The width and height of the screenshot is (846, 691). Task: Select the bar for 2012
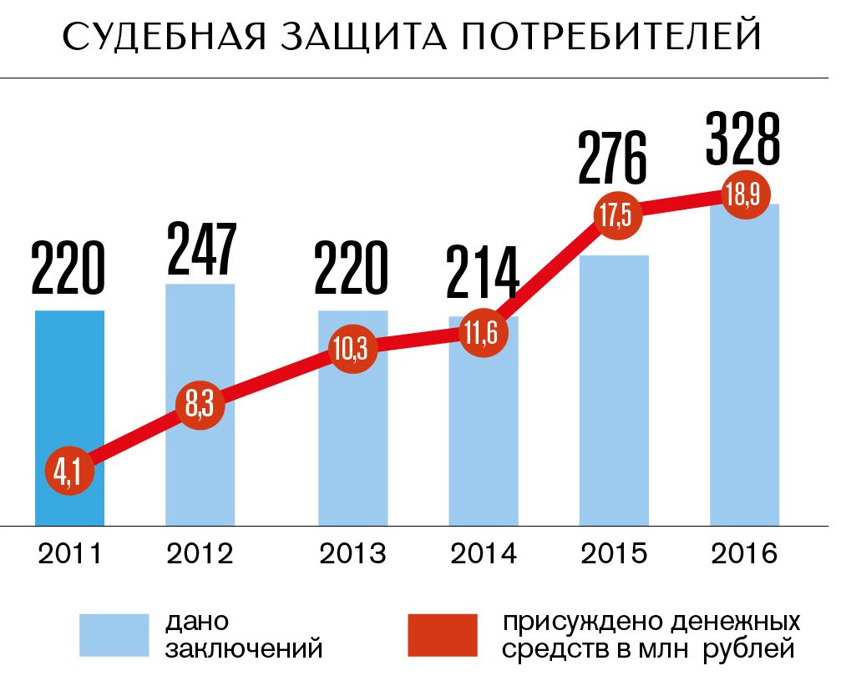[200, 351]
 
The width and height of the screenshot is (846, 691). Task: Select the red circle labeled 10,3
[353, 351]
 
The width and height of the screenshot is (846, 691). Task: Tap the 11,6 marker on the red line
[483, 335]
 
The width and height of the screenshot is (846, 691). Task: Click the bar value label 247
[200, 250]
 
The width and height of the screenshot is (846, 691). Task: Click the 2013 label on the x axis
[354, 553]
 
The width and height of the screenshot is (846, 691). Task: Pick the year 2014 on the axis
[483, 553]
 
